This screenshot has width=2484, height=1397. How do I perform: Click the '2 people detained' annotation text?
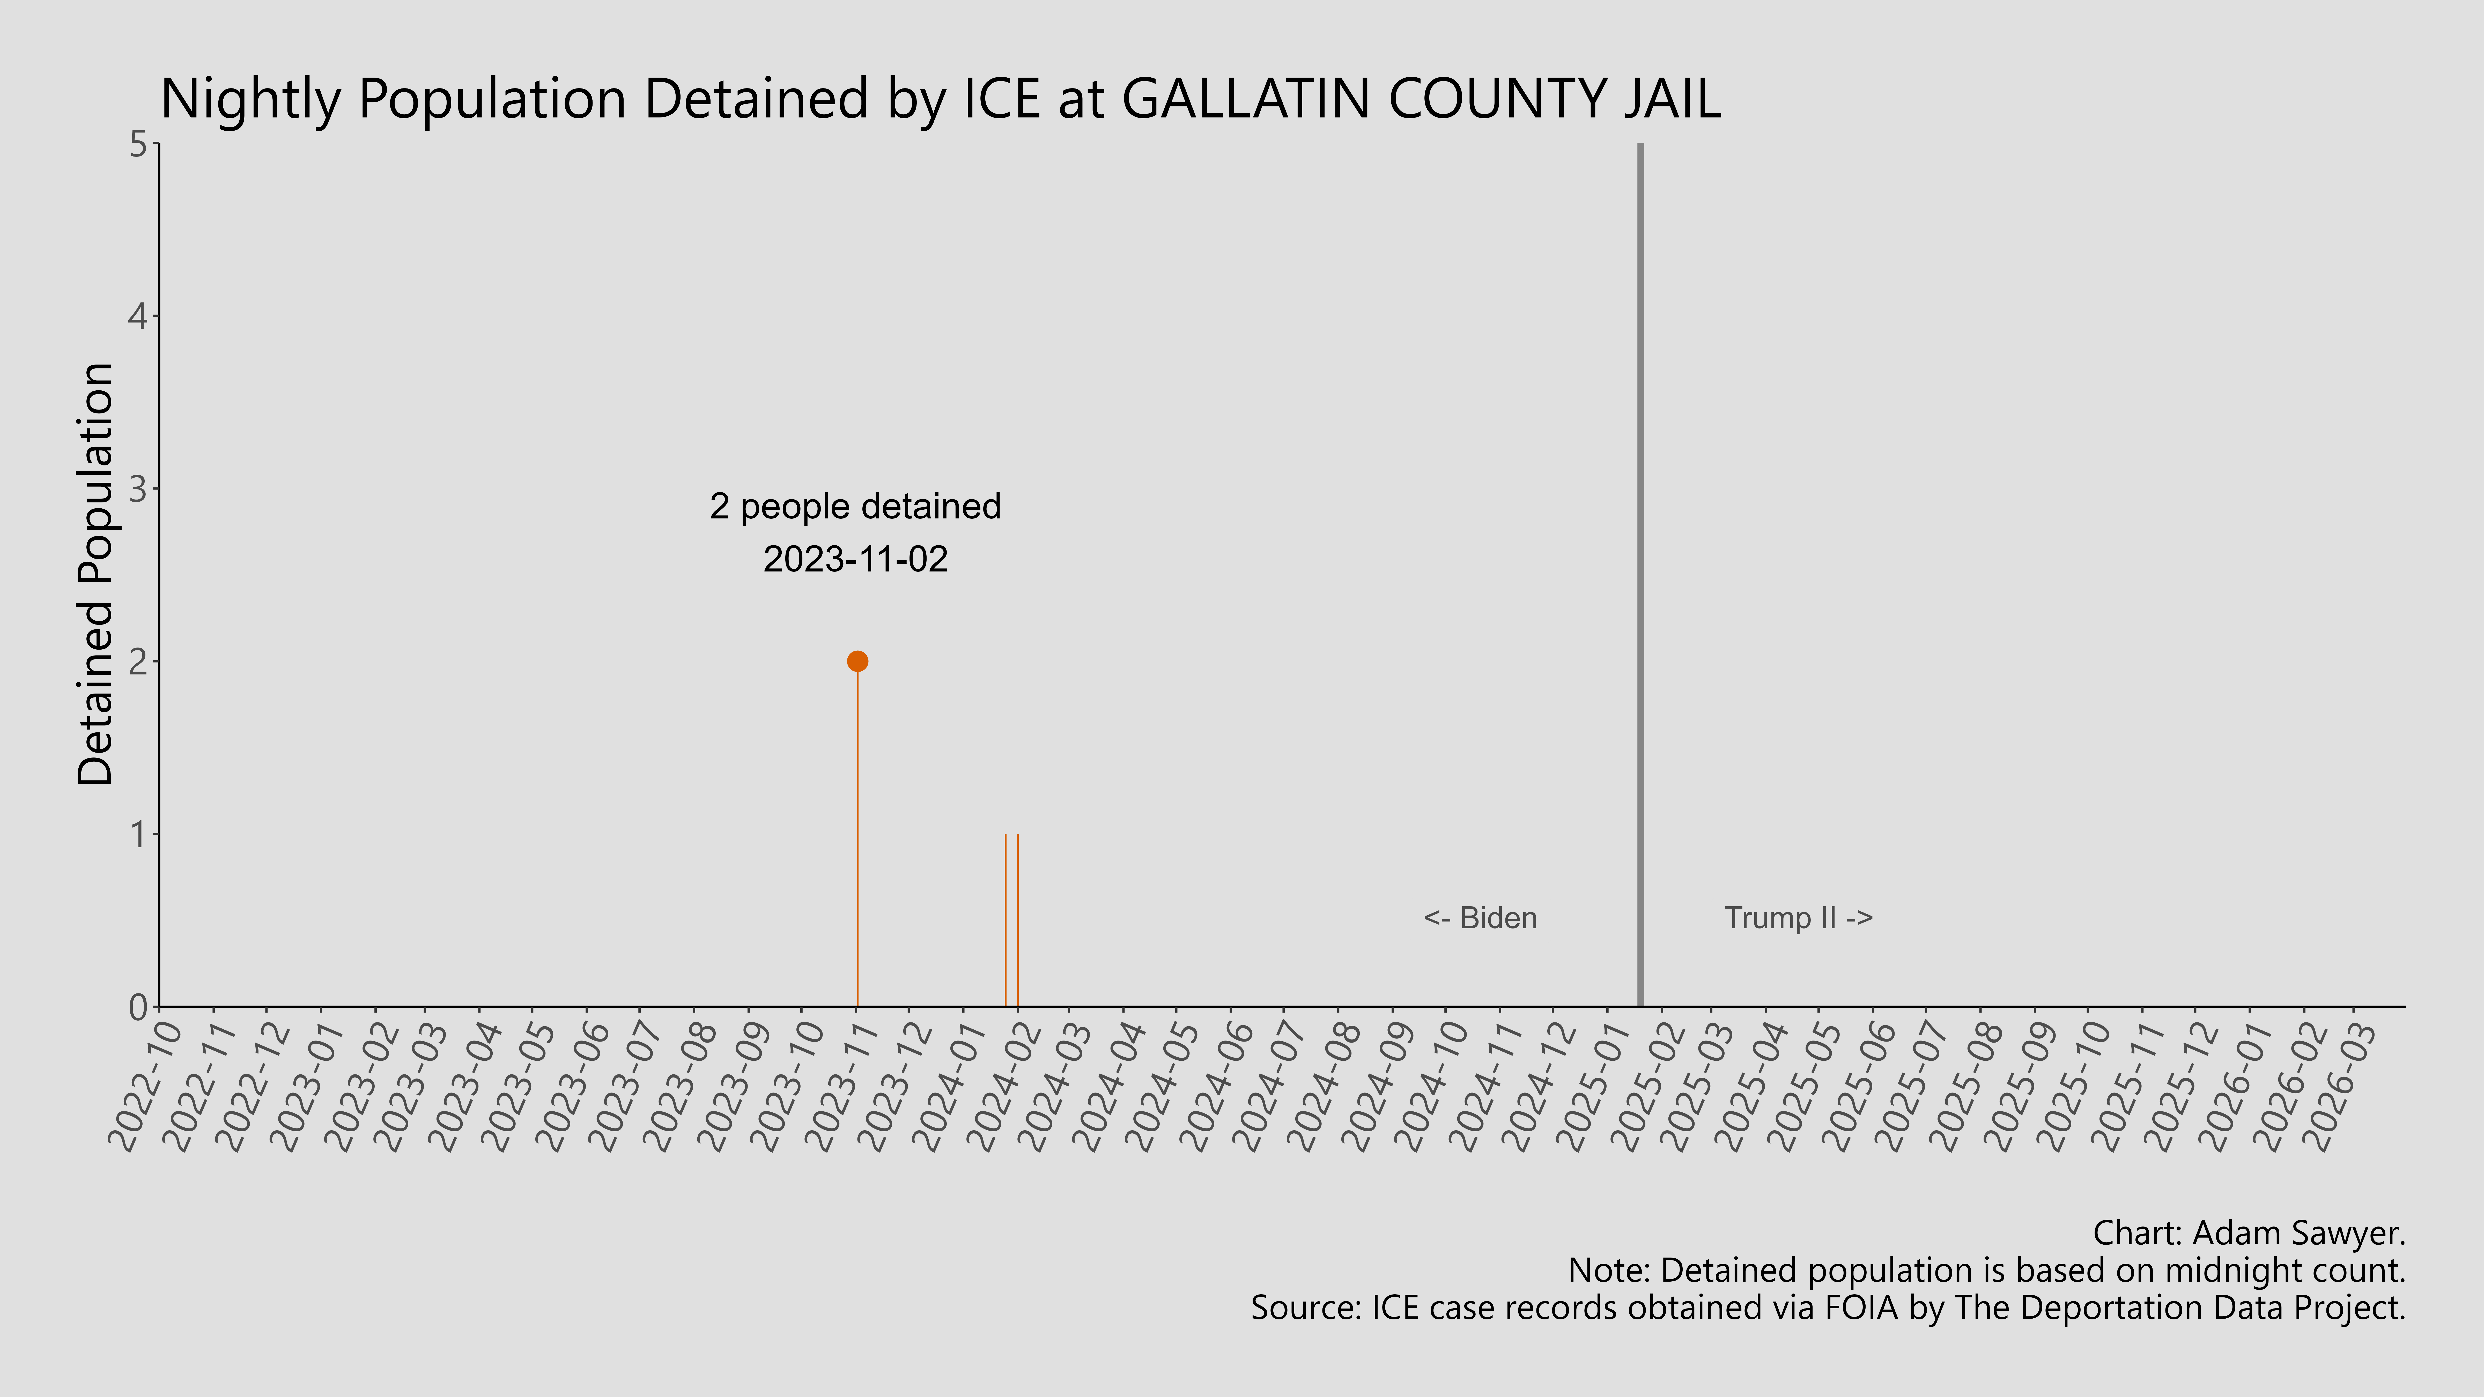pos(855,507)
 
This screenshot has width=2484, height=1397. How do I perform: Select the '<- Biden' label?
pos(1480,918)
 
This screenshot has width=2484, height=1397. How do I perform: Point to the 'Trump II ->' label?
pos(1798,918)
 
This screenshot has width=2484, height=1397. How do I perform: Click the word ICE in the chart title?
pos(1002,99)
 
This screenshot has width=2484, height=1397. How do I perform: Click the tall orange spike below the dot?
pos(857,839)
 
